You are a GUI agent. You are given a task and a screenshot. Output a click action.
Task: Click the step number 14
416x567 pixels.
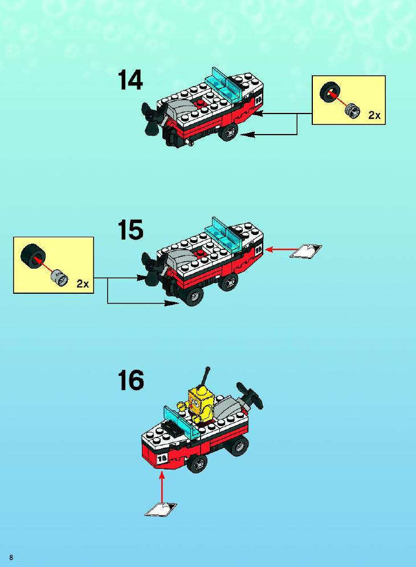pos(130,80)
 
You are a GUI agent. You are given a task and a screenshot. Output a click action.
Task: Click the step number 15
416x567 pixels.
pos(130,230)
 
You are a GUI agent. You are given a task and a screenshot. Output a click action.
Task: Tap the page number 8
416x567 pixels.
pos(11,557)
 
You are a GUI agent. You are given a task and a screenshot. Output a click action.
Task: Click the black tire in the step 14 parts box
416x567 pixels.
pos(329,92)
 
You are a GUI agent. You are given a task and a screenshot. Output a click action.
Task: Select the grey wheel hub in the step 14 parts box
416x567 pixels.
pos(352,110)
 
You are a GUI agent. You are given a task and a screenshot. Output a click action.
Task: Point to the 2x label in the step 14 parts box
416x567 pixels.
pos(374,115)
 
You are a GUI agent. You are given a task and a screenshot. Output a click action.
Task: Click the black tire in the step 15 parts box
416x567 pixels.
pos(32,255)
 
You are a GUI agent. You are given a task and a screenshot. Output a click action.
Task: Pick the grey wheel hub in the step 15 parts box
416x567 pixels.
pos(59,278)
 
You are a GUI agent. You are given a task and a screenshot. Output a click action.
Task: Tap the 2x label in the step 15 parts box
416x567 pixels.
pos(83,284)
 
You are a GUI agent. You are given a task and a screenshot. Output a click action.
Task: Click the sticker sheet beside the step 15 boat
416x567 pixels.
pos(305,251)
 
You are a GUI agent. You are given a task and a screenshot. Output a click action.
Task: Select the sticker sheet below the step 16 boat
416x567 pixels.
pos(161,509)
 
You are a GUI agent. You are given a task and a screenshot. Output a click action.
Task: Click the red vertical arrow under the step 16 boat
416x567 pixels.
pos(162,487)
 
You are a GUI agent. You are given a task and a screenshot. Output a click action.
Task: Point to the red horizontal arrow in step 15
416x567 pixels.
pos(283,249)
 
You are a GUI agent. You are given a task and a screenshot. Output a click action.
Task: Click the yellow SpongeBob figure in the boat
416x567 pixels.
pos(201,405)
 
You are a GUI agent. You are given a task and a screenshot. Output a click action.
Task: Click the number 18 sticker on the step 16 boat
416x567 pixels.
pos(162,459)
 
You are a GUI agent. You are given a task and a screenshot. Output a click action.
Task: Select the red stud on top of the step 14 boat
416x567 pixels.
pos(199,104)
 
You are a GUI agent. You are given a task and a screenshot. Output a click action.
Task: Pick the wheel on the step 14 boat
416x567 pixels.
pos(229,132)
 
